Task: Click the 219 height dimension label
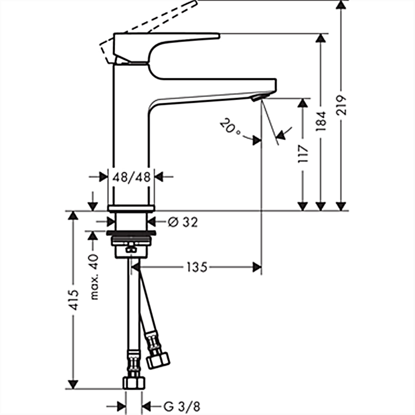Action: click(x=341, y=105)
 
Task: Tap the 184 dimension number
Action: click(x=321, y=121)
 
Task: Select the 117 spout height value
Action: click(x=303, y=154)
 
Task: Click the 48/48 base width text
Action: click(x=132, y=177)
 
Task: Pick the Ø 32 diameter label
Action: click(x=183, y=222)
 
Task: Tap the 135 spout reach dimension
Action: click(x=197, y=267)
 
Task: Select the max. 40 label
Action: click(x=94, y=277)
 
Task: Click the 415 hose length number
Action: click(x=73, y=300)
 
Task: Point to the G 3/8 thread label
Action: click(x=182, y=407)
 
